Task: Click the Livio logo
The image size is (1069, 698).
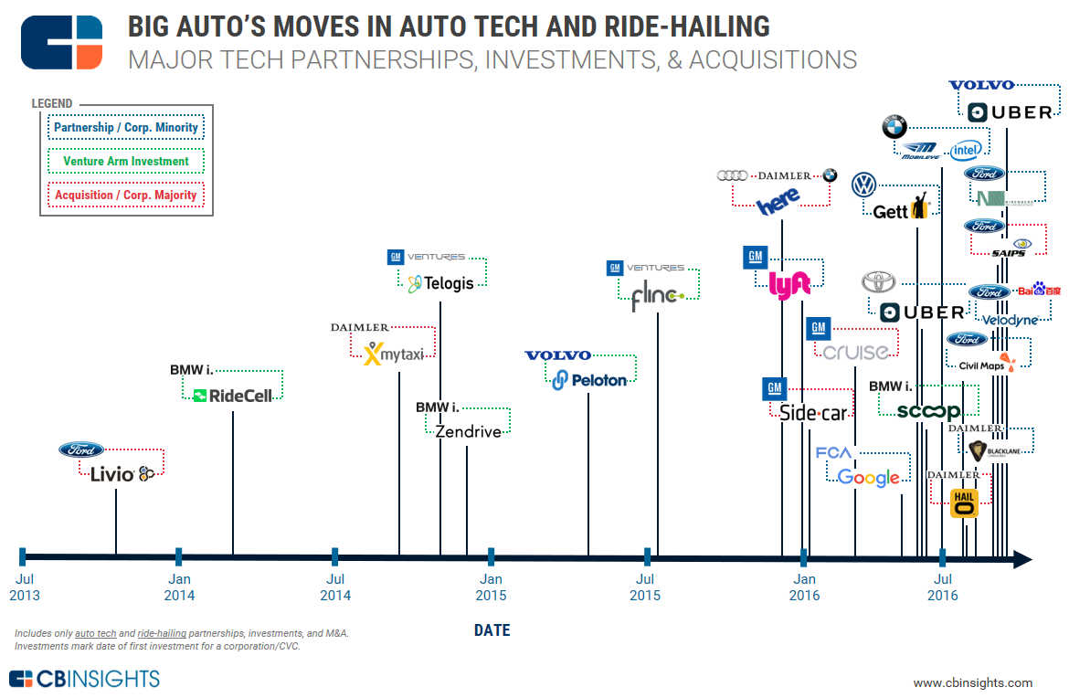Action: tap(122, 473)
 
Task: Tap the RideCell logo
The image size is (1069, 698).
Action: tap(233, 396)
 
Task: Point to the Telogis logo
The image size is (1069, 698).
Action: tap(441, 282)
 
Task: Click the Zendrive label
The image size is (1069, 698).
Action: tap(468, 431)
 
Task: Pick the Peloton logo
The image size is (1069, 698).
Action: tap(590, 379)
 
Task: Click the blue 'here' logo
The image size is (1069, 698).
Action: tap(778, 200)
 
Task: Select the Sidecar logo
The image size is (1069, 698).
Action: tap(813, 413)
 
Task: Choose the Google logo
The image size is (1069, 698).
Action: tap(869, 478)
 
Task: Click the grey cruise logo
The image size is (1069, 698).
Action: tap(855, 352)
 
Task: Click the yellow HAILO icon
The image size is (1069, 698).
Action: tap(964, 503)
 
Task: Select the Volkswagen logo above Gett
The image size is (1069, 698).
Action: tap(864, 185)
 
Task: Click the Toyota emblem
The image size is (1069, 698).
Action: tap(878, 281)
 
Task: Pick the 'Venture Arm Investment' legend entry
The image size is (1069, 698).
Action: tap(126, 162)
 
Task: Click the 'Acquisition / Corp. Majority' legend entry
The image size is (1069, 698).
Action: tap(126, 196)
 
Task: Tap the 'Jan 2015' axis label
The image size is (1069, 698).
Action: tap(491, 587)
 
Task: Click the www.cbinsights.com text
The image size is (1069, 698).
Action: tap(972, 682)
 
